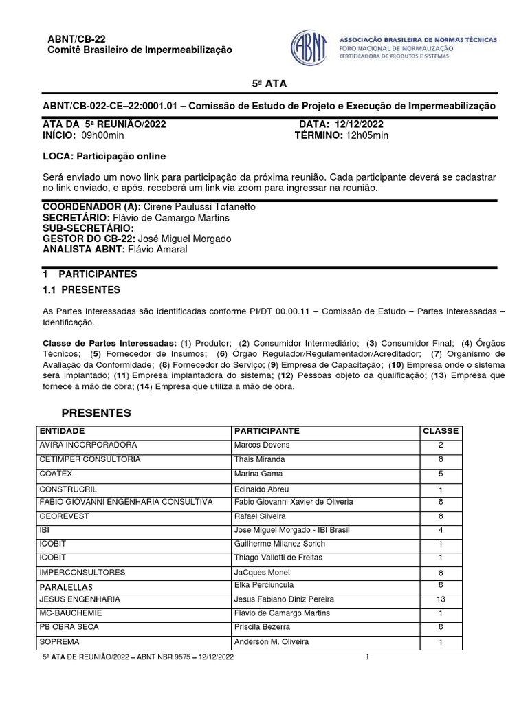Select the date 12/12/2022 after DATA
click(x=360, y=124)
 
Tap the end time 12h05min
click(x=367, y=135)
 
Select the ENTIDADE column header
click(x=63, y=431)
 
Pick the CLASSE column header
click(x=440, y=431)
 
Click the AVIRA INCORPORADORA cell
click(x=88, y=445)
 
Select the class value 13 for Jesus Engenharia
click(x=440, y=599)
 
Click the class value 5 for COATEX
click(x=440, y=474)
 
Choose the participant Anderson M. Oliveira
click(x=272, y=641)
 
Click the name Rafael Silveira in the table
click(x=261, y=516)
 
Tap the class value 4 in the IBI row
click(x=440, y=530)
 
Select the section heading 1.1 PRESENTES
click(x=81, y=290)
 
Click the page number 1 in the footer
click(x=368, y=658)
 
